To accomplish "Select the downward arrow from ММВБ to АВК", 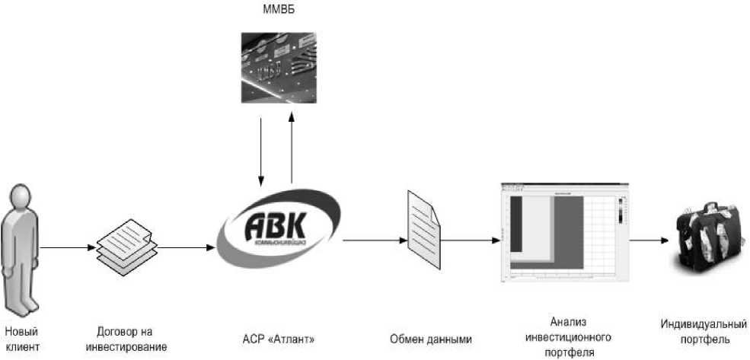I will [261, 148].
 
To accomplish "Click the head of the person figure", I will [21, 196].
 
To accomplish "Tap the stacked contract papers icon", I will [126, 247].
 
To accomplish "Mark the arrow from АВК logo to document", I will [373, 241].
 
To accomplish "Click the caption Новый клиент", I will [21, 339].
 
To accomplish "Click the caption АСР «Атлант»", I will [279, 339].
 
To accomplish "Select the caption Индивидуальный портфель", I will [703, 333].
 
